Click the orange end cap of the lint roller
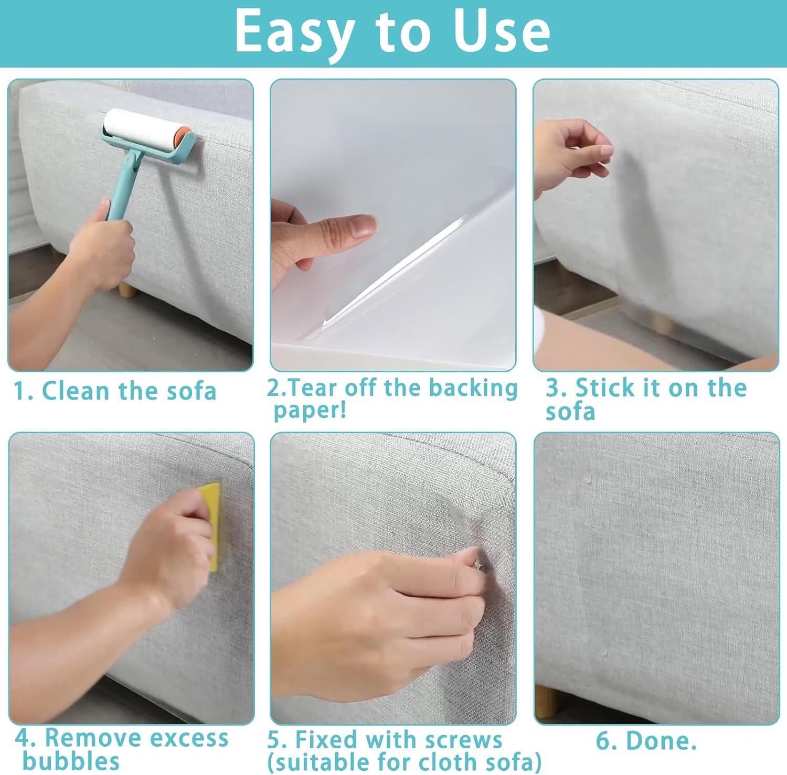pyautogui.click(x=180, y=138)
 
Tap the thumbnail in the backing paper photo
pyautogui.click(x=364, y=225)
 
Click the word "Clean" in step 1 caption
pyautogui.click(x=76, y=391)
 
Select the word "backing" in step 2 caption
pyautogui.click(x=473, y=388)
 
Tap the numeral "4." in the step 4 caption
pyautogui.click(x=26, y=738)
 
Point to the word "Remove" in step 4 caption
pyautogui.click(x=86, y=738)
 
